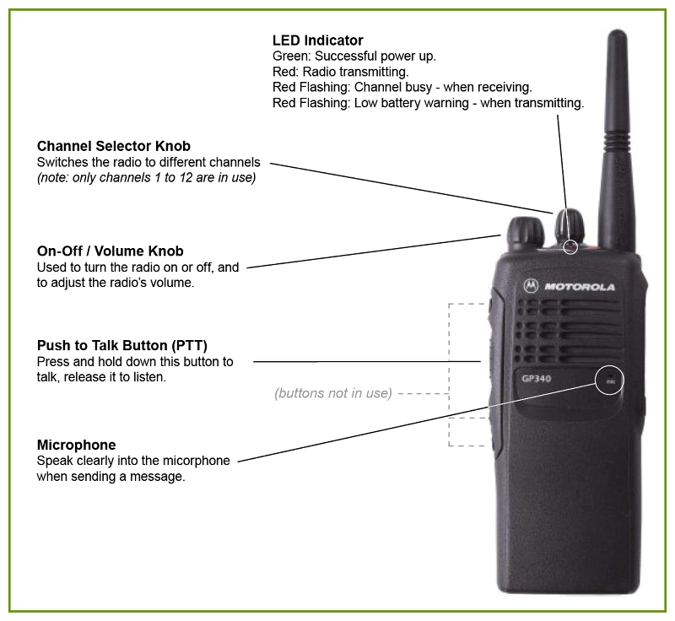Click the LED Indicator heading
click(x=318, y=40)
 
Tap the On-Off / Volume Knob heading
click(x=110, y=251)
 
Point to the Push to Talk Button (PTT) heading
click(x=122, y=346)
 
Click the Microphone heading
click(x=77, y=445)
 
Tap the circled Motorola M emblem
click(x=532, y=287)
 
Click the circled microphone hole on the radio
click(x=610, y=381)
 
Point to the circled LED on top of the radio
click(x=571, y=246)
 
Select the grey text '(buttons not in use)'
click(x=333, y=393)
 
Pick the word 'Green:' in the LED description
click(x=290, y=57)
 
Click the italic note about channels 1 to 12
click(x=146, y=178)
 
